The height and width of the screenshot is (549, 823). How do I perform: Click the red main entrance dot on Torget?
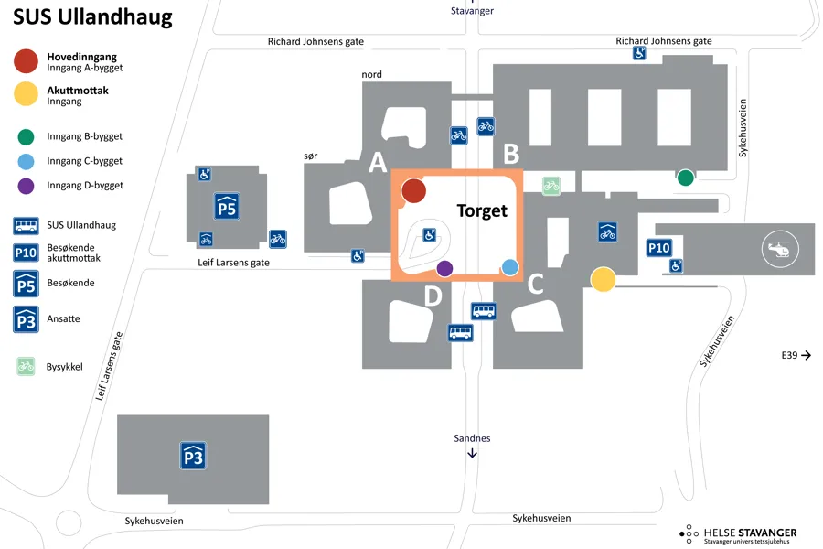(x=413, y=190)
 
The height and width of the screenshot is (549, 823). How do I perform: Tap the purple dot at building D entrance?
(x=444, y=268)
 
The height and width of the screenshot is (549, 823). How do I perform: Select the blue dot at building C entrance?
(x=510, y=267)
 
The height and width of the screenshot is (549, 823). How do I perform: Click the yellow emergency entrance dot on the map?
(x=603, y=279)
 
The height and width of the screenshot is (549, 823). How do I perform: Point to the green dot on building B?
(x=685, y=178)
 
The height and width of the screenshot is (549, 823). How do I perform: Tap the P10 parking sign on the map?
(x=659, y=248)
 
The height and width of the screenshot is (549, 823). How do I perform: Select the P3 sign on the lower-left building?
(x=193, y=455)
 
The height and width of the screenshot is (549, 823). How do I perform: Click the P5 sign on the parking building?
(x=226, y=208)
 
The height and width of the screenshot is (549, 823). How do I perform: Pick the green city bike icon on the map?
(x=550, y=186)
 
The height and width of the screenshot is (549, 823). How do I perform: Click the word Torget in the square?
(x=482, y=210)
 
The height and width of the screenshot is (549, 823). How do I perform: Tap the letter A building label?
(x=377, y=163)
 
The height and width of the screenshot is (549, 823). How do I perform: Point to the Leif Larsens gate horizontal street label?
(x=234, y=263)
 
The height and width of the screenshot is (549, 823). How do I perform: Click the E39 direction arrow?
(x=806, y=355)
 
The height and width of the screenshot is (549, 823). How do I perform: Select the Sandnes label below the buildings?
(x=472, y=438)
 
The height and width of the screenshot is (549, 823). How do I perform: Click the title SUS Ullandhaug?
(x=92, y=18)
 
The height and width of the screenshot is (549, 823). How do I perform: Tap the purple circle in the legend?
(x=26, y=186)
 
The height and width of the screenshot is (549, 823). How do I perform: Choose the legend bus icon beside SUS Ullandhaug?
(x=26, y=225)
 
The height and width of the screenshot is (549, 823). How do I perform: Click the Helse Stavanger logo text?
(x=749, y=533)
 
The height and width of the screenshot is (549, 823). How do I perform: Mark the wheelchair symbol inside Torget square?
(x=428, y=235)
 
